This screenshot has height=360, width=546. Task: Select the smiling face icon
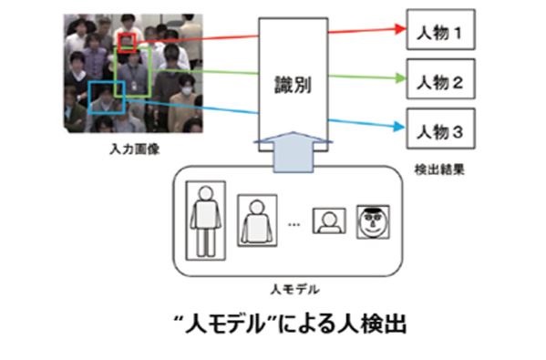371,221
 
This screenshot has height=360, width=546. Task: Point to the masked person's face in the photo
186,90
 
